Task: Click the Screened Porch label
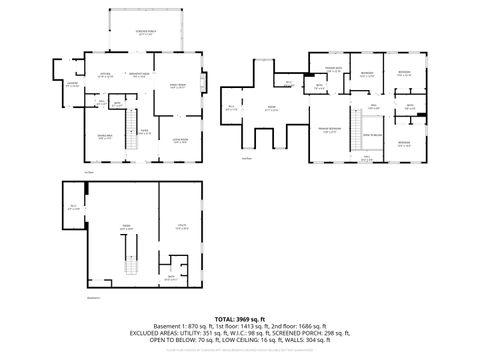pos(145,32)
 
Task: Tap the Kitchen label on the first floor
pos(102,74)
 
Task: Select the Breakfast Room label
pos(139,74)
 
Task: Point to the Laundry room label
pos(71,85)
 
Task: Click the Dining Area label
pos(104,137)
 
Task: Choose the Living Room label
pos(181,141)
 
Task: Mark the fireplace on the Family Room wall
pos(206,81)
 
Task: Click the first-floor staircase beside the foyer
pos(128,143)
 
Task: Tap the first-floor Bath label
pos(117,103)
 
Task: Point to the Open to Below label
pos(369,133)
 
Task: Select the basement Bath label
pos(171,277)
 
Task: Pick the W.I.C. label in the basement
pos(73,207)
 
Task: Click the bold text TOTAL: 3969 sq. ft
pos(239,318)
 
